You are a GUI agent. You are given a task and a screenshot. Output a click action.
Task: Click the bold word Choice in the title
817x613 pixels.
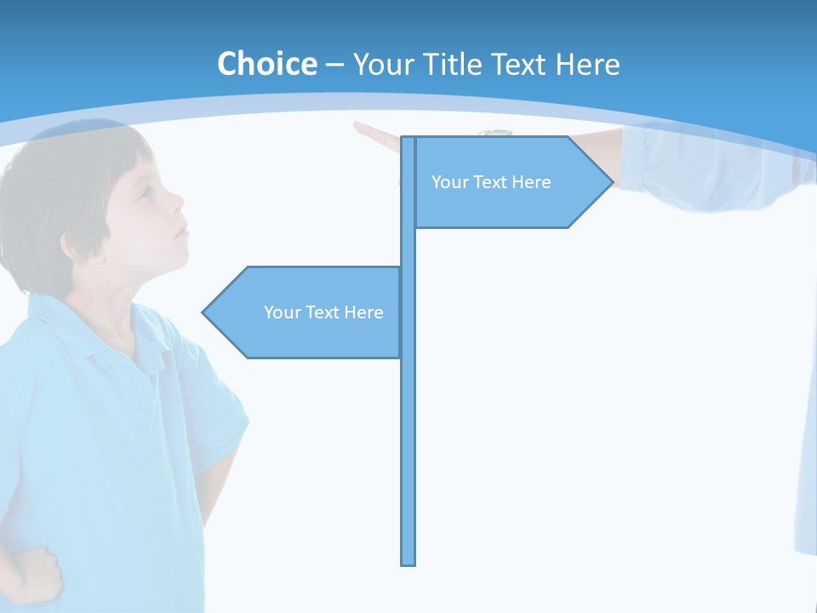click(266, 64)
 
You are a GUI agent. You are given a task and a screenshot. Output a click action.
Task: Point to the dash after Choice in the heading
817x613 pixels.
click(334, 65)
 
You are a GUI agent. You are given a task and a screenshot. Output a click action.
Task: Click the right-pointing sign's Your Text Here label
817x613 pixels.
click(491, 182)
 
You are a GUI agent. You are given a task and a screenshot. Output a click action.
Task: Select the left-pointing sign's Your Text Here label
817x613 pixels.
click(323, 312)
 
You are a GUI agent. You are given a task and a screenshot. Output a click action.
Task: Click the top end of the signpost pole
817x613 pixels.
click(408, 140)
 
